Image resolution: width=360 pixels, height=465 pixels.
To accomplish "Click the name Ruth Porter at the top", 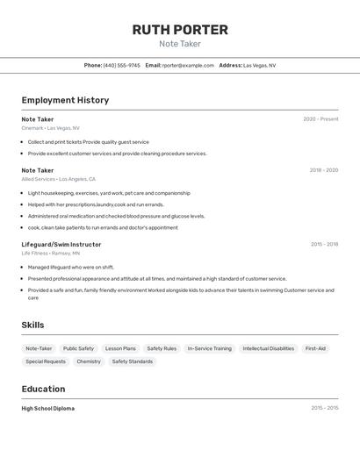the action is (x=180, y=30).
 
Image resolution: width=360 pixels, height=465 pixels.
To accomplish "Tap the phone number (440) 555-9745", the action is (x=122, y=65).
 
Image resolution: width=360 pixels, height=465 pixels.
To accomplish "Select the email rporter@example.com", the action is (x=188, y=65).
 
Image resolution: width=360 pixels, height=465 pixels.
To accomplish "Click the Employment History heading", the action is (x=65, y=100).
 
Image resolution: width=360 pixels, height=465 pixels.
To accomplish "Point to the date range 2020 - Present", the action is (x=320, y=119).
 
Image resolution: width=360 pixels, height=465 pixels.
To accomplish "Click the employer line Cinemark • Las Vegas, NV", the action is (x=50, y=128).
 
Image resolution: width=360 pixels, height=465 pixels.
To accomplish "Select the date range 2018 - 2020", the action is (x=323, y=170).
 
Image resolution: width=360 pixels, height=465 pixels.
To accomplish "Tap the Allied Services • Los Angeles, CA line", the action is (x=58, y=179).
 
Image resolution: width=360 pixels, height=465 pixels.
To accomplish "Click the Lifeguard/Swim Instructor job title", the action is (x=61, y=244).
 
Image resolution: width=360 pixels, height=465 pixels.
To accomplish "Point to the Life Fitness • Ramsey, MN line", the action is (x=50, y=253).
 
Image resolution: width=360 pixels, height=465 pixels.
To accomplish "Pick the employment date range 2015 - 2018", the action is (x=324, y=244).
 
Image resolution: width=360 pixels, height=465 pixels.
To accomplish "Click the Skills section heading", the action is (x=32, y=325).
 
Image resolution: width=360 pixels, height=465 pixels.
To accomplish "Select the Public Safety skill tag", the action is (x=78, y=348).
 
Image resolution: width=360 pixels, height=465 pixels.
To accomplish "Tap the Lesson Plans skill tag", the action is (x=120, y=348).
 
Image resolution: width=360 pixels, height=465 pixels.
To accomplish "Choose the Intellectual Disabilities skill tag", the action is (x=269, y=348).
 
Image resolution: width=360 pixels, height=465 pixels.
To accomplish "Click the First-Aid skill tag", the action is (x=315, y=348).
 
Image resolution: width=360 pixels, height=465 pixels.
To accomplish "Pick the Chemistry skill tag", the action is (x=89, y=361).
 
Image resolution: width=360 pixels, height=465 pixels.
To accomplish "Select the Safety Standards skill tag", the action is (x=133, y=361).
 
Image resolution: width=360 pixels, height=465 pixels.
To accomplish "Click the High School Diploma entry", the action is (x=48, y=408).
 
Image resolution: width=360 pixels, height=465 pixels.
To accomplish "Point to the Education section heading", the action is (x=43, y=389).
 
